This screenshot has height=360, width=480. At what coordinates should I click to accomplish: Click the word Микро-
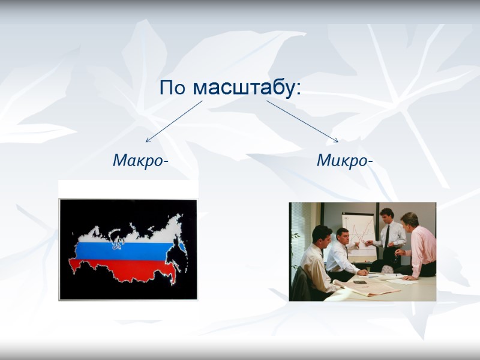[344, 161]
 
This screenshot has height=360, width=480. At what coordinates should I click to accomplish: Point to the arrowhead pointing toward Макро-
[148, 140]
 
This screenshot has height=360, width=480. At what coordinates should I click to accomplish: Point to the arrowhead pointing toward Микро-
[336, 140]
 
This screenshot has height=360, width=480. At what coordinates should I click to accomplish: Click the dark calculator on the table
[360, 281]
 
